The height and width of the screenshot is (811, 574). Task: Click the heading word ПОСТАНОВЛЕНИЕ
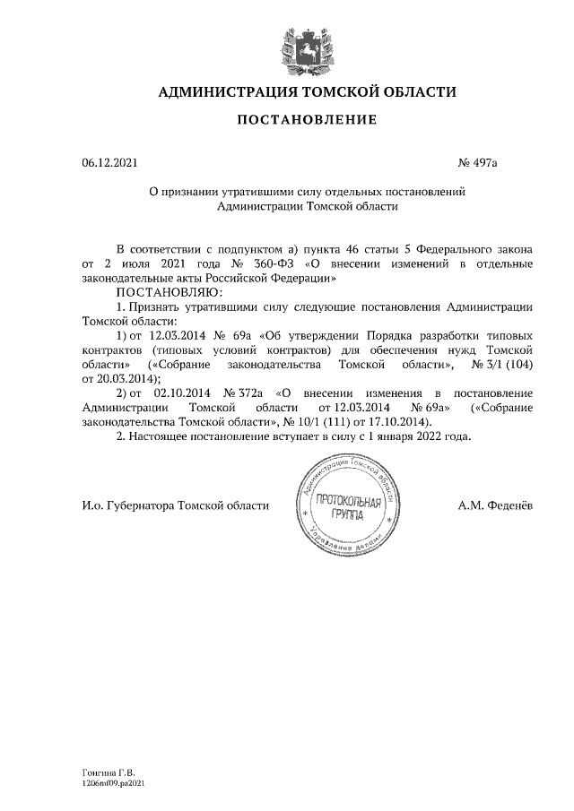point(307,119)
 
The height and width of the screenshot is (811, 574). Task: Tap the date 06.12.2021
point(109,163)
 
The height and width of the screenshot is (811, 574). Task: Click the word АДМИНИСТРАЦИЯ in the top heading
point(227,92)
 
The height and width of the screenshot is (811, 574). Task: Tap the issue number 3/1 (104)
point(509,366)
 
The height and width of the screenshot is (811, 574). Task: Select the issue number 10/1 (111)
point(324,421)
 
